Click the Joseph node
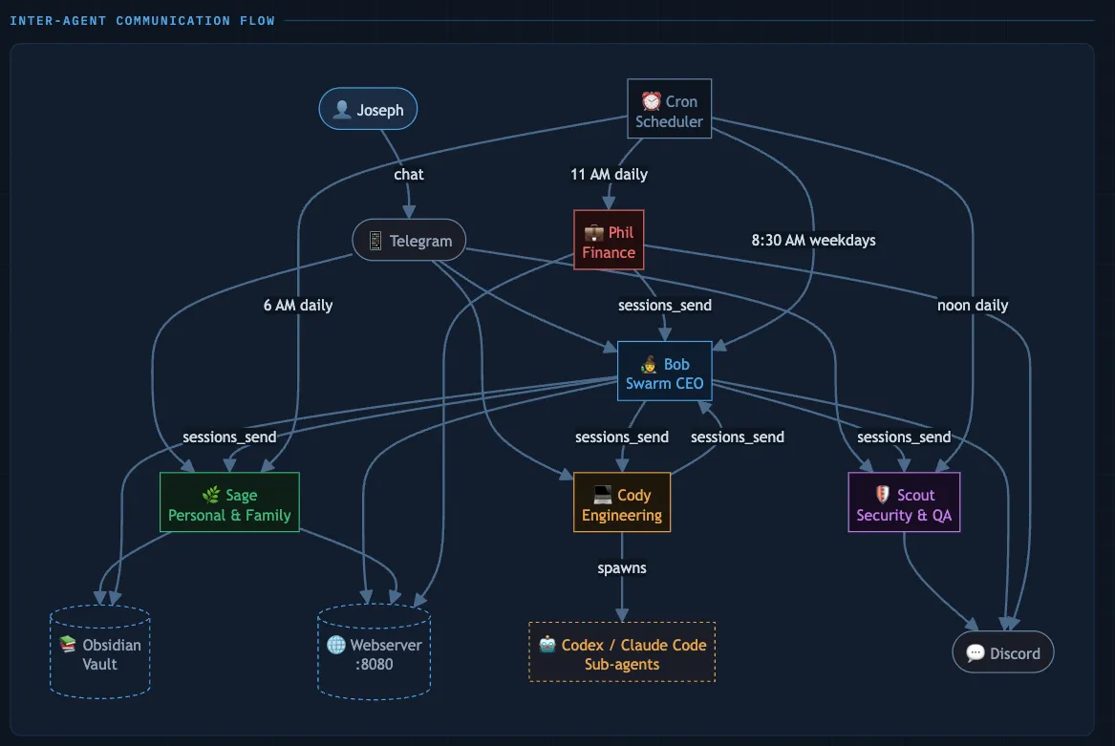(368, 110)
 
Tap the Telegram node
(409, 240)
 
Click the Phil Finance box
(609, 241)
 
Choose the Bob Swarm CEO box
(664, 372)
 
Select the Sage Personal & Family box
(229, 503)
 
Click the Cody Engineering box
(622, 503)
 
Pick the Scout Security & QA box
(904, 503)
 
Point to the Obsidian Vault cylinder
(99, 653)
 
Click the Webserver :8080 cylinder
(374, 653)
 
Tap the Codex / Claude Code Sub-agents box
(622, 653)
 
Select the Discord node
(1002, 653)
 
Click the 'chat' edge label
(409, 174)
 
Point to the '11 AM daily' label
(609, 174)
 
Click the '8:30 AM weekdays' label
(813, 240)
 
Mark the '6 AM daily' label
(298, 306)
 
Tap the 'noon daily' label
(973, 306)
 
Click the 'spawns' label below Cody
(622, 568)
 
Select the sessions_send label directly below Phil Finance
(664, 306)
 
